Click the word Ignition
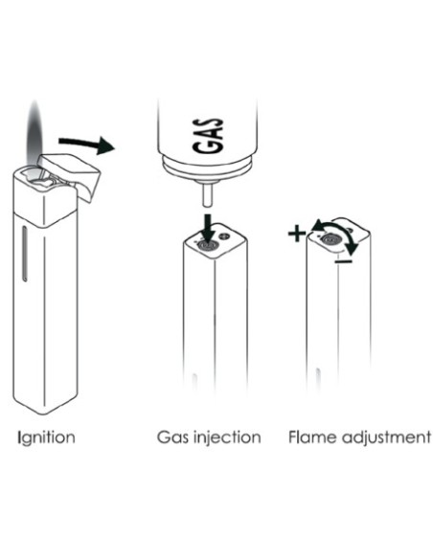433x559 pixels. (46, 437)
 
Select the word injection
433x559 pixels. (227, 437)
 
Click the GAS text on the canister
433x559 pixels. (209, 136)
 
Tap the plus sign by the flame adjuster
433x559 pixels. (297, 234)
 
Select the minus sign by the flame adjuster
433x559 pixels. (344, 261)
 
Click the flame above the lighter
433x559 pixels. (34, 136)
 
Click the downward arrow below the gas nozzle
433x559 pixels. (207, 227)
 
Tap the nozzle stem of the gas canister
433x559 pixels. (207, 193)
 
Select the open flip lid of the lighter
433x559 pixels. (71, 174)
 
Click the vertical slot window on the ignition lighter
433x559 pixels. (25, 254)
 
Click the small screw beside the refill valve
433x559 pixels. (225, 235)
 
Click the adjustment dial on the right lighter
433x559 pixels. (330, 240)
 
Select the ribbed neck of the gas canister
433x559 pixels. (207, 168)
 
